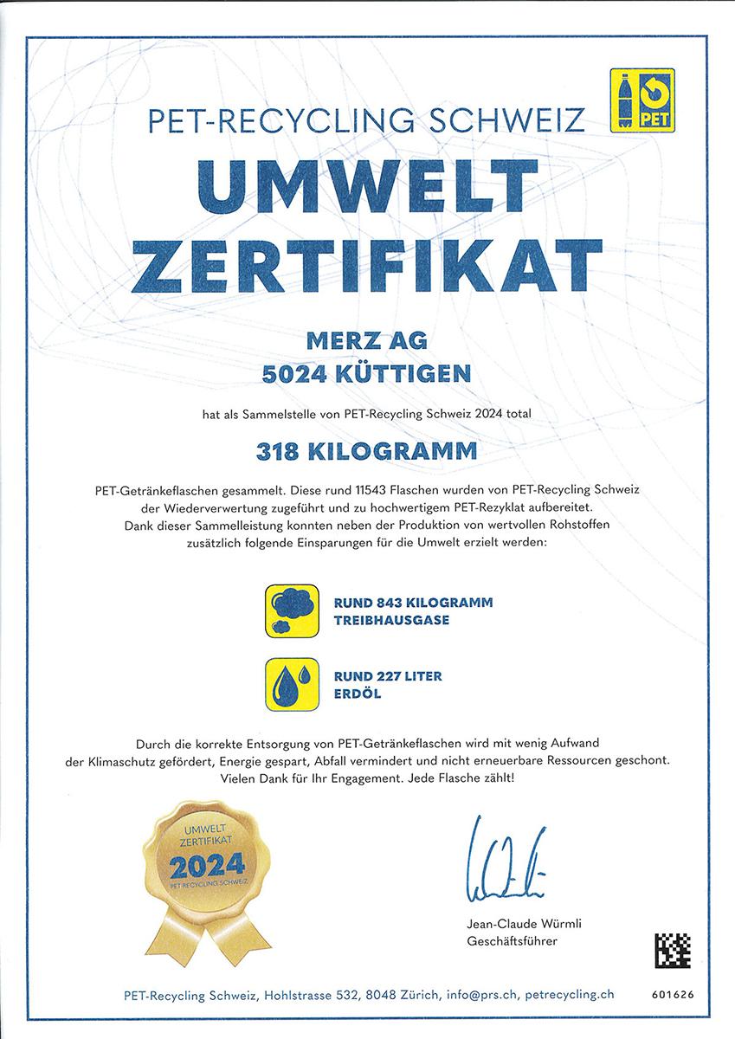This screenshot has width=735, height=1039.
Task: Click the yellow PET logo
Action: click(642, 100)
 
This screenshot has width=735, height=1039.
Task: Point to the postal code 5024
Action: click(296, 374)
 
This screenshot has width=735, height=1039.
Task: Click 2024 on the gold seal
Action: click(207, 865)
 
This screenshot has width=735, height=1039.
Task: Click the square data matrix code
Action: click(671, 949)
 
